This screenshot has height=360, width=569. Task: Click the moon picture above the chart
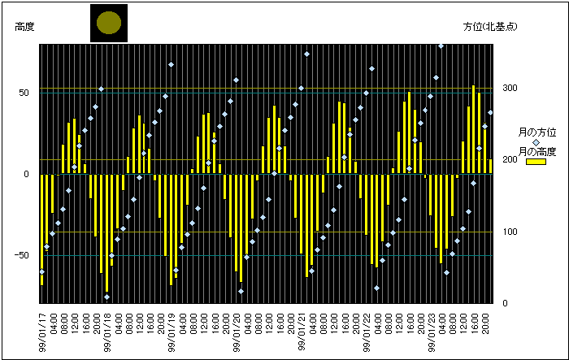pyautogui.click(x=108, y=23)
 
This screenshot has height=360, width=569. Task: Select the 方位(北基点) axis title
pyautogui.click(x=489, y=27)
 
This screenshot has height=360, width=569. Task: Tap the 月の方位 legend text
pyautogui.click(x=537, y=132)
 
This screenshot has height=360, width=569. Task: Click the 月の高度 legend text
pyautogui.click(x=537, y=152)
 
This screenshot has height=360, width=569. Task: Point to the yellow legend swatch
pyautogui.click(x=535, y=162)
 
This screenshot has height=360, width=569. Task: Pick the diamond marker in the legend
pyautogui.click(x=536, y=142)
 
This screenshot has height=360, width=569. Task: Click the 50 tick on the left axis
pyautogui.click(x=24, y=93)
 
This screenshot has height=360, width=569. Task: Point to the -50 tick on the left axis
pyautogui.click(x=22, y=255)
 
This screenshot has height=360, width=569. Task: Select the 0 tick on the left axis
pyautogui.click(x=27, y=174)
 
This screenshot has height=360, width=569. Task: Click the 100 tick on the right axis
pyautogui.click(x=509, y=232)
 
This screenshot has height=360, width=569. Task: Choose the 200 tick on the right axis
pyautogui.click(x=509, y=160)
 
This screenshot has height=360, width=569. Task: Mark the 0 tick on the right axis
pyautogui.click(x=506, y=304)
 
